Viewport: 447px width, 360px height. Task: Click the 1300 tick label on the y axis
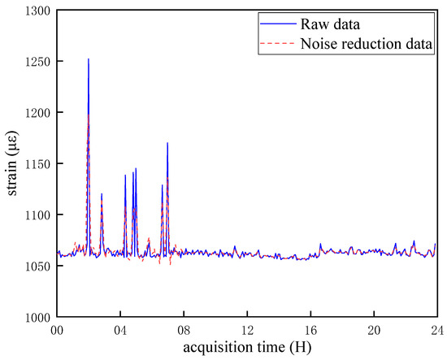(37, 11)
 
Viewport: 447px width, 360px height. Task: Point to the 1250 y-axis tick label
(37, 62)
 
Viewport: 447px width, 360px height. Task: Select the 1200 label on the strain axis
(37, 113)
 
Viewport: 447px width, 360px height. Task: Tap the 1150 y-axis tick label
(37, 164)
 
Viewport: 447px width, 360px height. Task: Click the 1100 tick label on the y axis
(37, 215)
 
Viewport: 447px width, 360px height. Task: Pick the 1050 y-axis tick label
(37, 267)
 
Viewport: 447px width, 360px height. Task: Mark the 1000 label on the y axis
(37, 318)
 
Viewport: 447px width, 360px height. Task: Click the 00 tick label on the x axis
(57, 331)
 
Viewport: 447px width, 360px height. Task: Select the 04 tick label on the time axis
(120, 331)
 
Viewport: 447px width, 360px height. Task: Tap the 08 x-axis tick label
(184, 331)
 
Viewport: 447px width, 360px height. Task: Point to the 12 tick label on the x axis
(247, 331)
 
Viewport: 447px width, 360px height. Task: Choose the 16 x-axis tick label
(310, 331)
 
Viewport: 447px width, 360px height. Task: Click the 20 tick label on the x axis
(374, 331)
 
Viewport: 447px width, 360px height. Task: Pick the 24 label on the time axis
(436, 331)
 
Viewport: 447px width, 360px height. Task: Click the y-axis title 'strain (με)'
(11, 163)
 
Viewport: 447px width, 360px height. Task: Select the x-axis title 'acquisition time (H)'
(246, 349)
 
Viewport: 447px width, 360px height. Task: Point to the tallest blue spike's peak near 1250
(89, 59)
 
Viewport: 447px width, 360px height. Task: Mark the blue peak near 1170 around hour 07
(167, 143)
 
